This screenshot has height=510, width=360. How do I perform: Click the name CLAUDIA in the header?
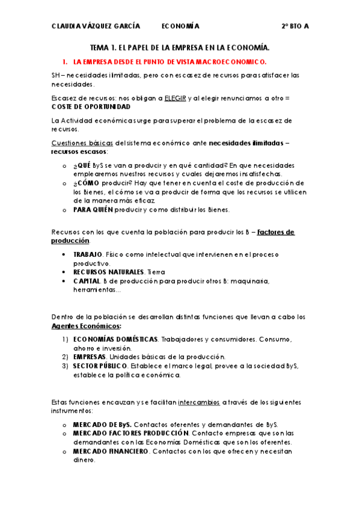pos(67,26)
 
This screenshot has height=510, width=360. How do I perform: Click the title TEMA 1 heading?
pos(180,47)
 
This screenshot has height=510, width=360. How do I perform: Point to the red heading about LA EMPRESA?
pos(170,61)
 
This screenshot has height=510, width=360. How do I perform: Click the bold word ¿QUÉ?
pos(82,165)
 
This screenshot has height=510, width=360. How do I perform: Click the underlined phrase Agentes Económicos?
pos(86,325)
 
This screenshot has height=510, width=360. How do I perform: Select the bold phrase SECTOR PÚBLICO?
pos(100,366)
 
